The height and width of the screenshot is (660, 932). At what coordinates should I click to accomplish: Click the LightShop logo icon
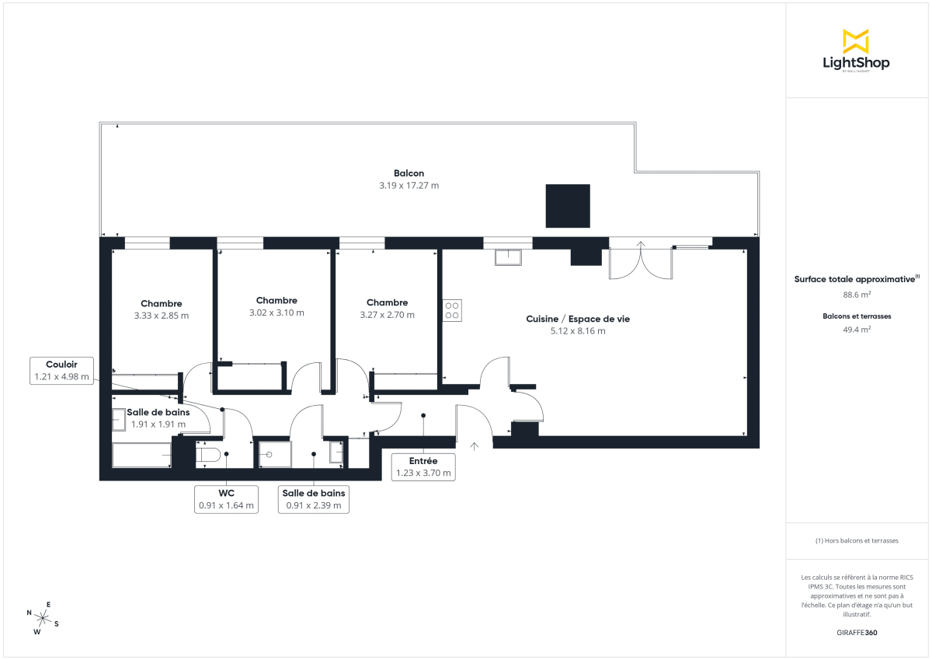coord(855,41)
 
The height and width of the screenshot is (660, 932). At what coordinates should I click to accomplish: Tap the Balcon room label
coord(409,173)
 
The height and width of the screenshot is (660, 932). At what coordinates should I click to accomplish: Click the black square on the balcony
coord(568,206)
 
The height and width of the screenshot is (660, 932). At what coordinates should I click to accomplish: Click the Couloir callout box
coord(62,370)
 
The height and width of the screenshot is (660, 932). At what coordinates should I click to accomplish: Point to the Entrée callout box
coord(423,466)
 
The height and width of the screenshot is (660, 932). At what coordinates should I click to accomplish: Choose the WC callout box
coord(226,498)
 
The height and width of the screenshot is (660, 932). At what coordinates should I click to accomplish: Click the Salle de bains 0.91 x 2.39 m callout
coord(314,498)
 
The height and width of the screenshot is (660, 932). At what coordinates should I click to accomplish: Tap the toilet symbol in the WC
coord(208,454)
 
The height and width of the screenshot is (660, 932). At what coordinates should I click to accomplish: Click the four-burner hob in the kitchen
coord(452,311)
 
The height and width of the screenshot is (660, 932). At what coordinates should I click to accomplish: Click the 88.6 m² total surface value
coord(857,295)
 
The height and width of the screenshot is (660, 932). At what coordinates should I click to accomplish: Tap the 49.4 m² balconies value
coord(857,329)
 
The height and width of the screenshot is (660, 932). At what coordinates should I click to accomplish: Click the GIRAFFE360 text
coord(857,633)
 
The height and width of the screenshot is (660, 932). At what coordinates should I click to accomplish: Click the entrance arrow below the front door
coord(475,446)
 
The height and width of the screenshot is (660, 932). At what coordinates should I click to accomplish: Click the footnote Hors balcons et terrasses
coord(857,540)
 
